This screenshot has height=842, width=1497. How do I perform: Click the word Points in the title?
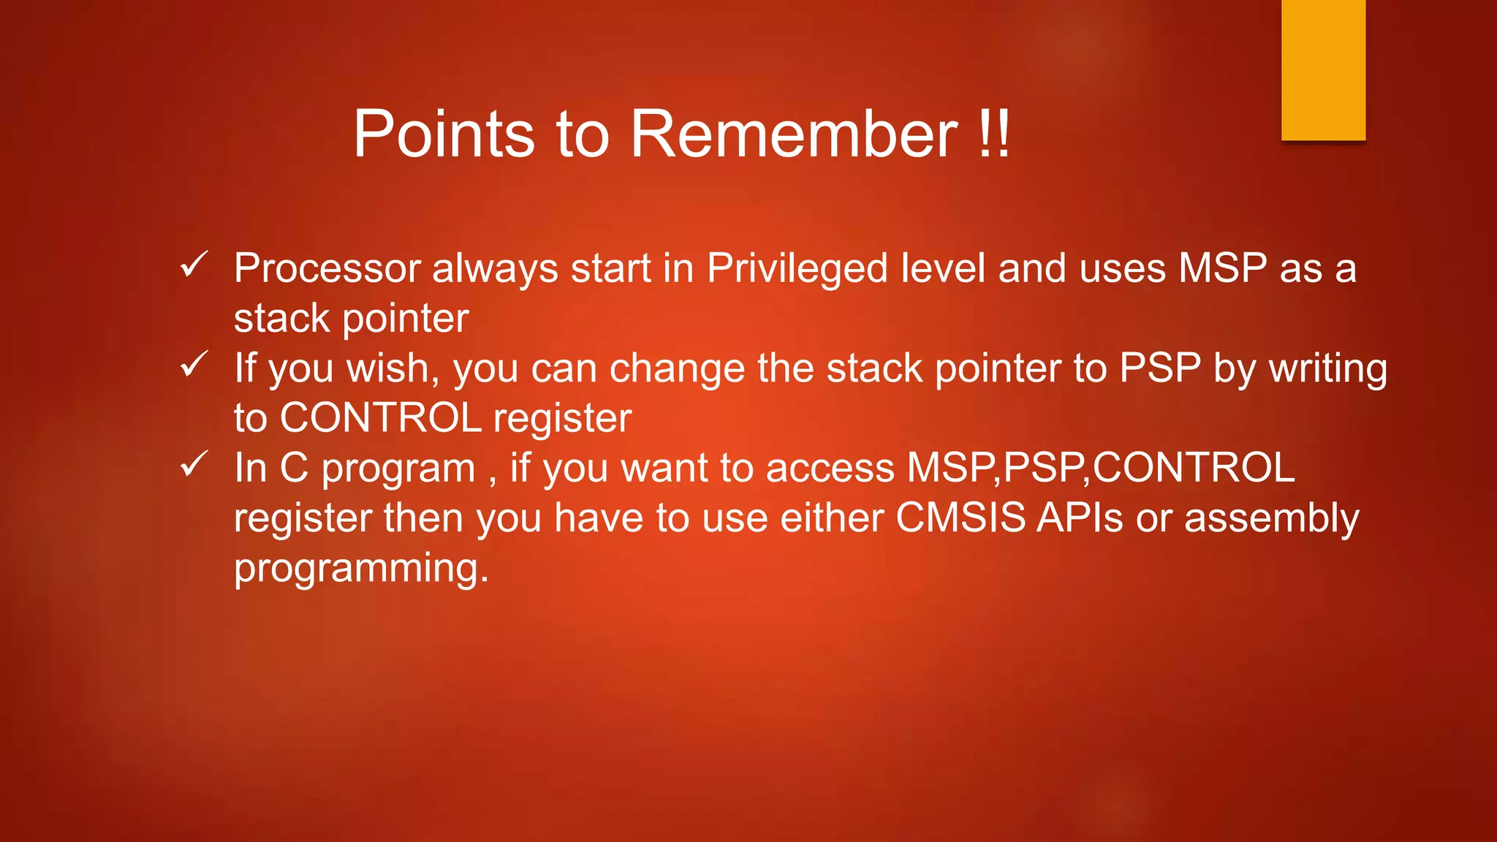444,134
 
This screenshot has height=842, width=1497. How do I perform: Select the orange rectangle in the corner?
1323,69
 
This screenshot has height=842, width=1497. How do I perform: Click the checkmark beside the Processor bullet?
194,265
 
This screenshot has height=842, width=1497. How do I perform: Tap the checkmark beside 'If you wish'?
194,364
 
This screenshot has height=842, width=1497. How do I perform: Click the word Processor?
327,268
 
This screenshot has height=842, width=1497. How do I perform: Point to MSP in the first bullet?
1222,268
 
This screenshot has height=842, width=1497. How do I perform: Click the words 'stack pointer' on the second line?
351,319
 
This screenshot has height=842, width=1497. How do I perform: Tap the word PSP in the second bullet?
1160,368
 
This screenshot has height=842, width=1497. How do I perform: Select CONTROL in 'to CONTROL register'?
380,418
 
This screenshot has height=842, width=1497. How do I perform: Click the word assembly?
1271,519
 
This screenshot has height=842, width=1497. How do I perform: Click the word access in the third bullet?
830,468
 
